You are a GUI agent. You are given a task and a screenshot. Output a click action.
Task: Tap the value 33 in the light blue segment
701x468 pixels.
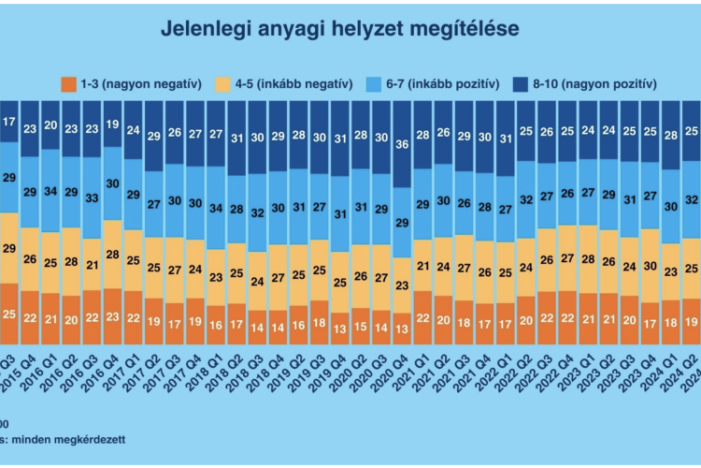[x=92, y=198]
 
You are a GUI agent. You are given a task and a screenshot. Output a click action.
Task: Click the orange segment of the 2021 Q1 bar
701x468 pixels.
[x=423, y=317]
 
